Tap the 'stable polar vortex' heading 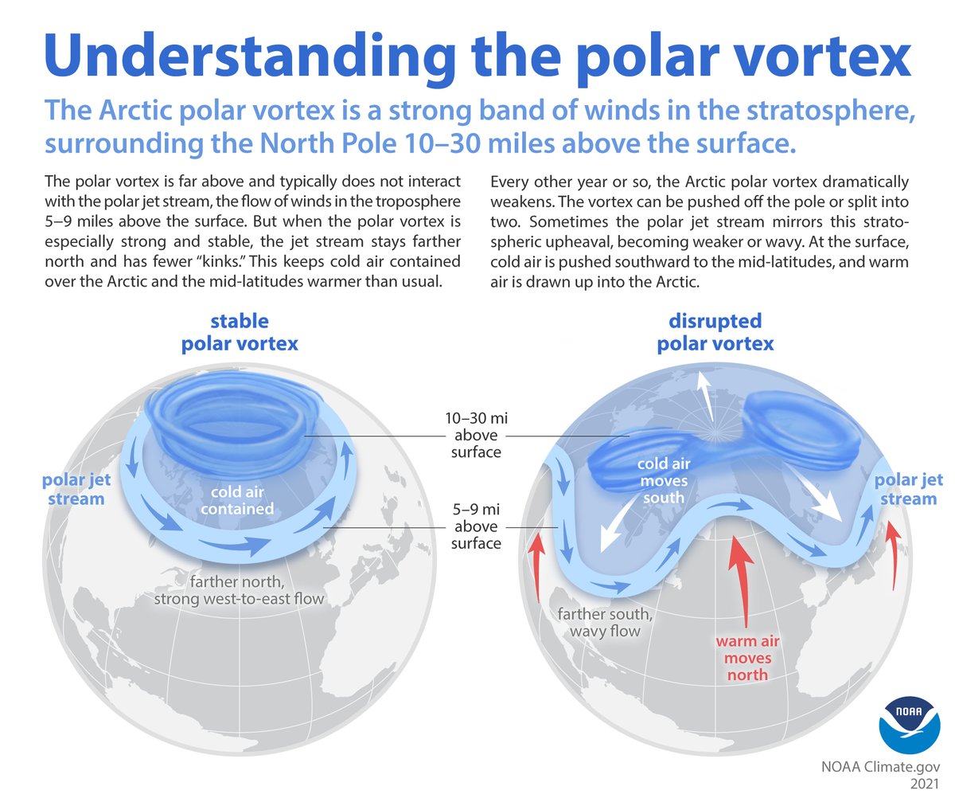click(x=239, y=333)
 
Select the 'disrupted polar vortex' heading click(x=715, y=333)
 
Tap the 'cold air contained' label click(x=237, y=499)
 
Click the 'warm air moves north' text click(x=746, y=657)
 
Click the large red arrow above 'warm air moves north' click(x=743, y=582)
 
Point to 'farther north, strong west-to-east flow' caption click(x=239, y=588)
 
